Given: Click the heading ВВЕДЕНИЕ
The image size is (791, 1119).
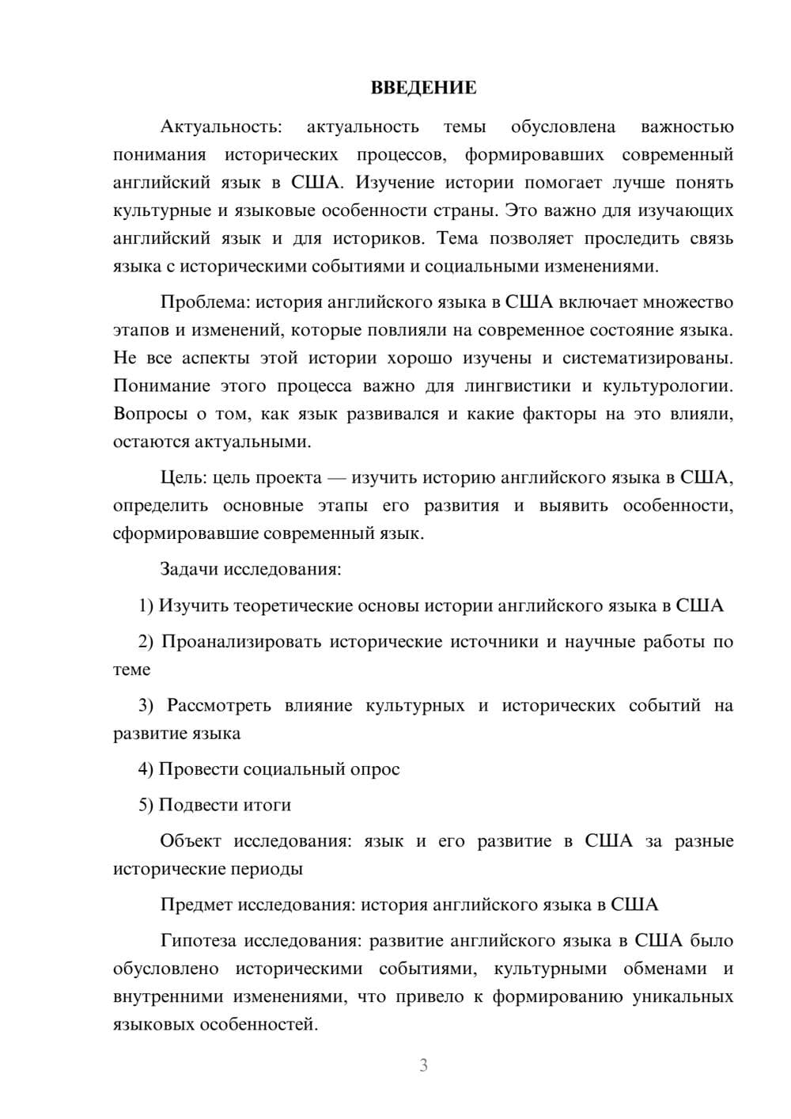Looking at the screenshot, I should point(423,88).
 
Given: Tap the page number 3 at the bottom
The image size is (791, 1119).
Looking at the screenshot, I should point(423,1065).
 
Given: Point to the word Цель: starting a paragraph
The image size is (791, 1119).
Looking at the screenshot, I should point(184,477).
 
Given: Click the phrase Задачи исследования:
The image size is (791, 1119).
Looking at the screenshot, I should point(250,569).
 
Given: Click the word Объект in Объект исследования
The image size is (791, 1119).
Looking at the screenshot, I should point(191,840).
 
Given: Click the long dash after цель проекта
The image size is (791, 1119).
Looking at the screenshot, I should point(337,478).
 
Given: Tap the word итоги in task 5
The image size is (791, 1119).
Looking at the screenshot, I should point(267,805).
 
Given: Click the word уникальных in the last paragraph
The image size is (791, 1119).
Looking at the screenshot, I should point(683,996).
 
